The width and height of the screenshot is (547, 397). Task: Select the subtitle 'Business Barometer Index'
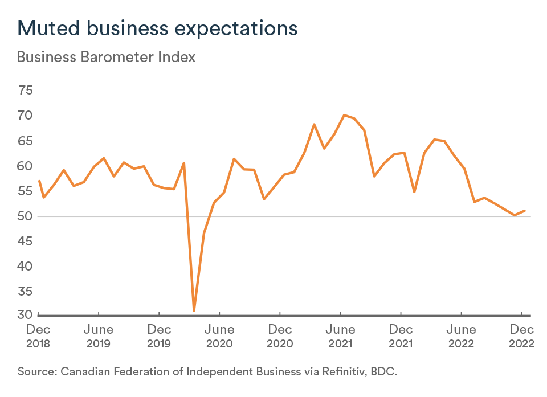pyautogui.click(x=107, y=58)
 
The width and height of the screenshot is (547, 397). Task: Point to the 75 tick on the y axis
pyautogui.click(x=26, y=91)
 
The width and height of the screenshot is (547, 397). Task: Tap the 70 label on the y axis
pyautogui.click(x=26, y=116)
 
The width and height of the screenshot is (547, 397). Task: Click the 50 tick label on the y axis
pyautogui.click(x=26, y=216)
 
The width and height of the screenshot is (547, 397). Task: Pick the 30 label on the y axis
pyautogui.click(x=26, y=314)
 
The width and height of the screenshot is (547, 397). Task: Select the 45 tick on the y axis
pyautogui.click(x=26, y=242)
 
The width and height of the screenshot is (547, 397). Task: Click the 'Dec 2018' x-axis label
pyautogui.click(x=38, y=336)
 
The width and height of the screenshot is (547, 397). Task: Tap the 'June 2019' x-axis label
pyautogui.click(x=99, y=336)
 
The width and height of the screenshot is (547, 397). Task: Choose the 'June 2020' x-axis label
pyautogui.click(x=219, y=336)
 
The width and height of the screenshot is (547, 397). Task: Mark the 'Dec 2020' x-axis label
pyautogui.click(x=280, y=336)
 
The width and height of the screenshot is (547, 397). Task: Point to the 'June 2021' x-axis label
pyautogui.click(x=340, y=336)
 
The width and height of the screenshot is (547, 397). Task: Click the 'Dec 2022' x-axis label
pyautogui.click(x=521, y=336)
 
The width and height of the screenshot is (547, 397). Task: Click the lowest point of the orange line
pyautogui.click(x=194, y=310)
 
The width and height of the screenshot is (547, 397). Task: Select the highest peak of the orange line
pyautogui.click(x=344, y=115)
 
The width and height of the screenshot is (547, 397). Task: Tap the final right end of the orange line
pyautogui.click(x=525, y=211)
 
